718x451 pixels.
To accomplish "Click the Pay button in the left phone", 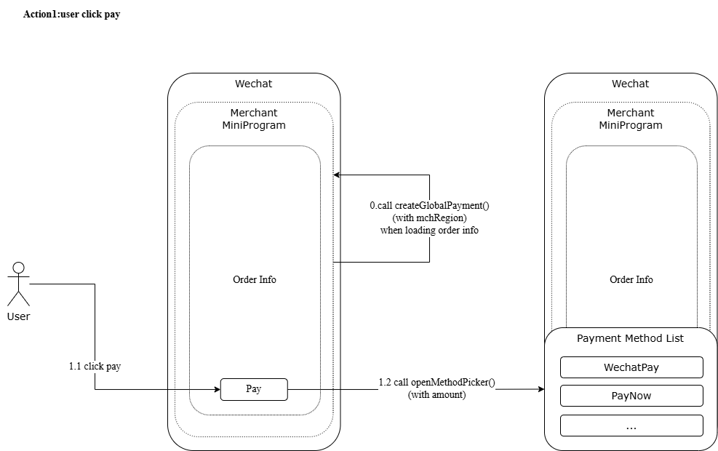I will [x=254, y=389].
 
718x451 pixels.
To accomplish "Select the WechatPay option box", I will [x=631, y=367].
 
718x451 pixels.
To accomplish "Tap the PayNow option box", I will [x=631, y=396].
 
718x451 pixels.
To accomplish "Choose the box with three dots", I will [x=631, y=426].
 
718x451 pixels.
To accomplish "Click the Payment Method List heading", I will [x=630, y=338].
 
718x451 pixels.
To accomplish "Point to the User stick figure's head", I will [x=19, y=267].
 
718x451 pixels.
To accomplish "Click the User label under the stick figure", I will [x=18, y=316].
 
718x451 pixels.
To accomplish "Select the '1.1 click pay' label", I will [x=95, y=366].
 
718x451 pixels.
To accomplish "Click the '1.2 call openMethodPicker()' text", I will [x=436, y=382].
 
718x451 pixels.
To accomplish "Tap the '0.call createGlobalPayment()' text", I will [x=429, y=205].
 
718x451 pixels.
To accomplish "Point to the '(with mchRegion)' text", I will [x=429, y=217].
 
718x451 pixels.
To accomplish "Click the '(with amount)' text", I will [x=436, y=394].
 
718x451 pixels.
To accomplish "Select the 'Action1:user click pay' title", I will [x=71, y=15].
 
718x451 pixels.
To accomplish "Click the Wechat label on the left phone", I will [x=253, y=84].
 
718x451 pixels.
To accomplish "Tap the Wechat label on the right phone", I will [x=630, y=84].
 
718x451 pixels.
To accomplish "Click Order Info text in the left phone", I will [x=255, y=279].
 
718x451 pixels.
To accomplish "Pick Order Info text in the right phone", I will [x=631, y=279].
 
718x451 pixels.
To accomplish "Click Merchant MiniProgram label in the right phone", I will [x=630, y=119].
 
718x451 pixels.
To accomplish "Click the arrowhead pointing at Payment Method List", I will [x=541, y=389].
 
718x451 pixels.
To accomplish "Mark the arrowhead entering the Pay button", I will [x=217, y=389].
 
